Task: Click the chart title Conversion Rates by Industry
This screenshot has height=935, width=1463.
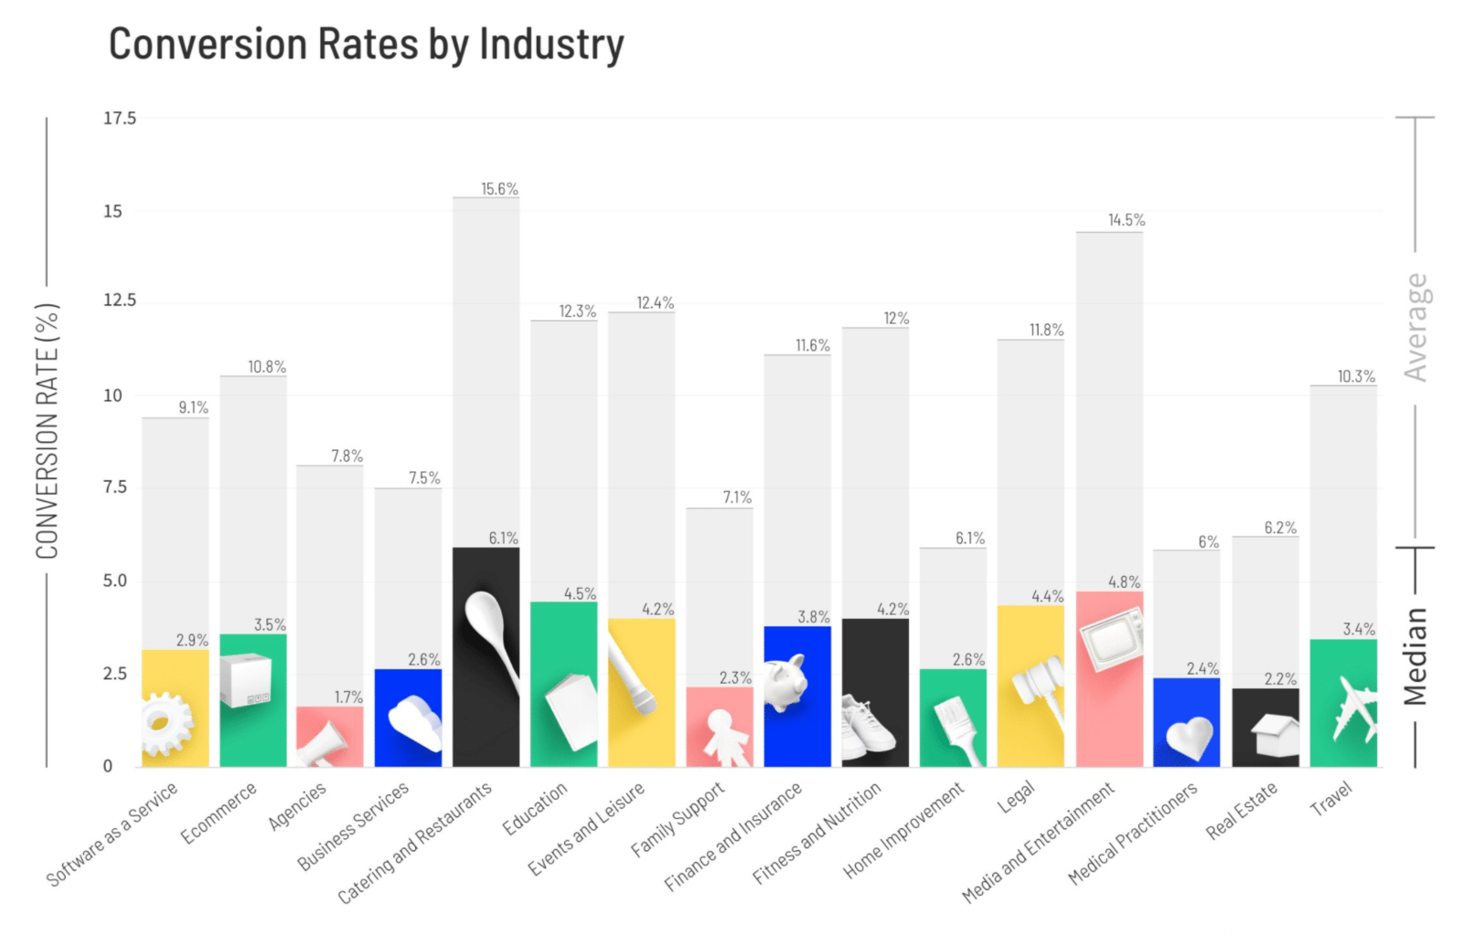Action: pyautogui.click(x=366, y=45)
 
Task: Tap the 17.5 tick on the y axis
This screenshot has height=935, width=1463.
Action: pyautogui.click(x=120, y=118)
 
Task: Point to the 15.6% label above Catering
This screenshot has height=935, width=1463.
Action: pyautogui.click(x=499, y=189)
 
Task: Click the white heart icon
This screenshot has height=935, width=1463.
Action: pyautogui.click(x=1188, y=737)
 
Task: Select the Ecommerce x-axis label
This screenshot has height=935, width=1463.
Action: pyautogui.click(x=219, y=813)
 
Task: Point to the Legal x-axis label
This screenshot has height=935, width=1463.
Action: pyautogui.click(x=1016, y=796)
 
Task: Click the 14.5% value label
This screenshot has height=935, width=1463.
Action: pyautogui.click(x=1127, y=220)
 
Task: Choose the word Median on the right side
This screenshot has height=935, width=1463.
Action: pyautogui.click(x=1415, y=655)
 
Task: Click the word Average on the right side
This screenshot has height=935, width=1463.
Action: pyautogui.click(x=1415, y=327)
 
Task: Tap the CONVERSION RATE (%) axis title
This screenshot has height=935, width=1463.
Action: pyautogui.click(x=48, y=430)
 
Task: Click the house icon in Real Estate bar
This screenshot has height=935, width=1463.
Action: pyautogui.click(x=1275, y=735)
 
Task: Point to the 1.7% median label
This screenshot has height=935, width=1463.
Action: pyautogui.click(x=348, y=697)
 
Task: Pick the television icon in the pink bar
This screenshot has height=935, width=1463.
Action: pyautogui.click(x=1111, y=634)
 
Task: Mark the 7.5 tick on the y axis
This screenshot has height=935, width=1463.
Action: pyautogui.click(x=115, y=487)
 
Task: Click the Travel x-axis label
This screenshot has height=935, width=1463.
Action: pyautogui.click(x=1330, y=798)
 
